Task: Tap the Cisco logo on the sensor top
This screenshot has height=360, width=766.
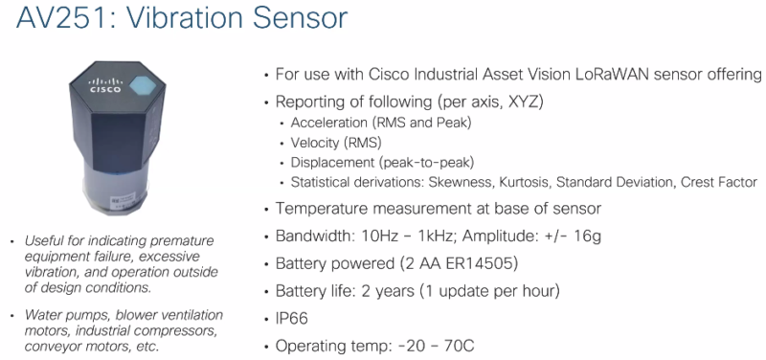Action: (x=104, y=87)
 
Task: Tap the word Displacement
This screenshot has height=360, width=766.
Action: (x=329, y=162)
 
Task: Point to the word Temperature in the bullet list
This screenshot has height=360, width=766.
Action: (x=322, y=208)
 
